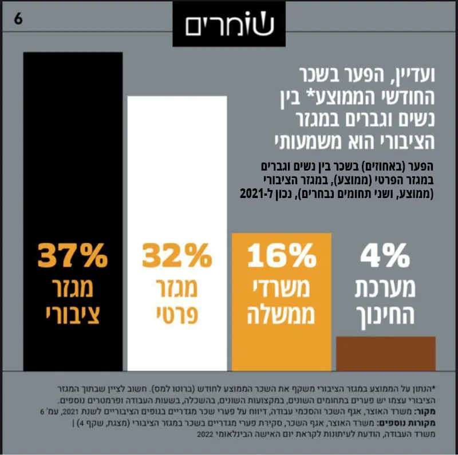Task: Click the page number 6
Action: [x=18, y=19]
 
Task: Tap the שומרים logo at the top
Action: [x=229, y=23]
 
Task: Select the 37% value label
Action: [x=73, y=255]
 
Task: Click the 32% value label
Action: [x=177, y=255]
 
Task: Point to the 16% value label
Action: [x=282, y=255]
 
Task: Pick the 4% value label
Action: [x=385, y=255]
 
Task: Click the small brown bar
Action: [x=386, y=354]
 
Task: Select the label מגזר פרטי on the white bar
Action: [x=177, y=302]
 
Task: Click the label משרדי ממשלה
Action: [x=281, y=302]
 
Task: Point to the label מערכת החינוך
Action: [x=385, y=304]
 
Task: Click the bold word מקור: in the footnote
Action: [x=425, y=412]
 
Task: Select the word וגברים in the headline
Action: [x=366, y=120]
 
